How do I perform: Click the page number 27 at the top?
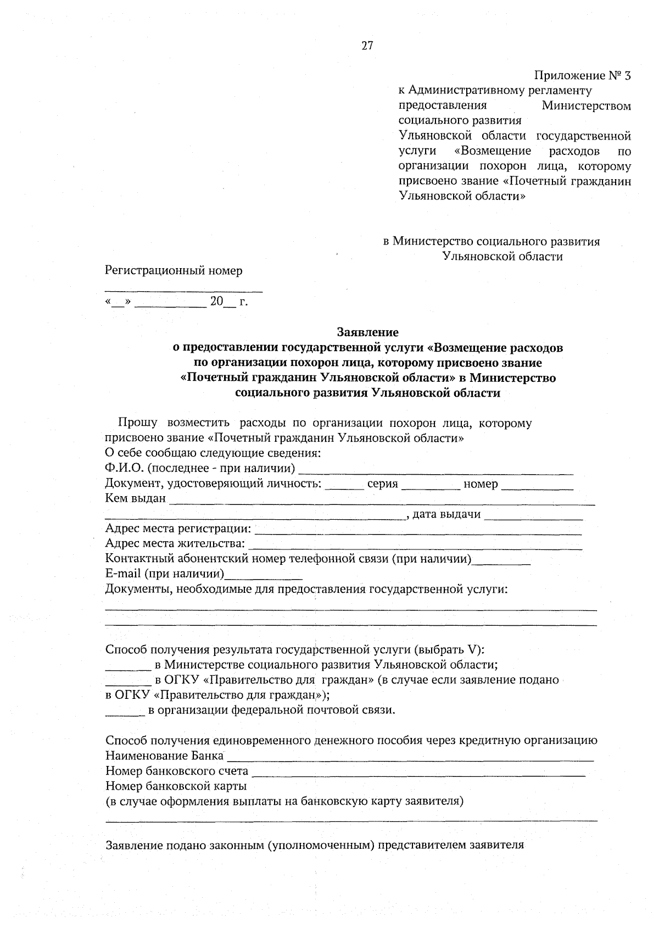[x=367, y=46]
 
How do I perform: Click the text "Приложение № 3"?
[x=583, y=76]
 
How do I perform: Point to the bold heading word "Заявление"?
[x=367, y=332]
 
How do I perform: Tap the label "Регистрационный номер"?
[x=174, y=271]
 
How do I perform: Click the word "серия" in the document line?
[x=382, y=484]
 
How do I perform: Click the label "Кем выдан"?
[x=135, y=499]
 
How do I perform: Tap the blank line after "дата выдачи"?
[x=533, y=518]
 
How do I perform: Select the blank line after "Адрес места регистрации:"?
[x=418, y=532]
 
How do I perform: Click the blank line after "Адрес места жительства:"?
[x=415, y=547]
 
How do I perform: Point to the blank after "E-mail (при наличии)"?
[x=264, y=577]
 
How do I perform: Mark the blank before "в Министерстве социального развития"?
[x=127, y=668]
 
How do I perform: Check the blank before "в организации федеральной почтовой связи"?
[x=125, y=713]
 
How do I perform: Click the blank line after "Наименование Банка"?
[x=410, y=759]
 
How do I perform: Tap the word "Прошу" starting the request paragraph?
[x=137, y=423]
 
